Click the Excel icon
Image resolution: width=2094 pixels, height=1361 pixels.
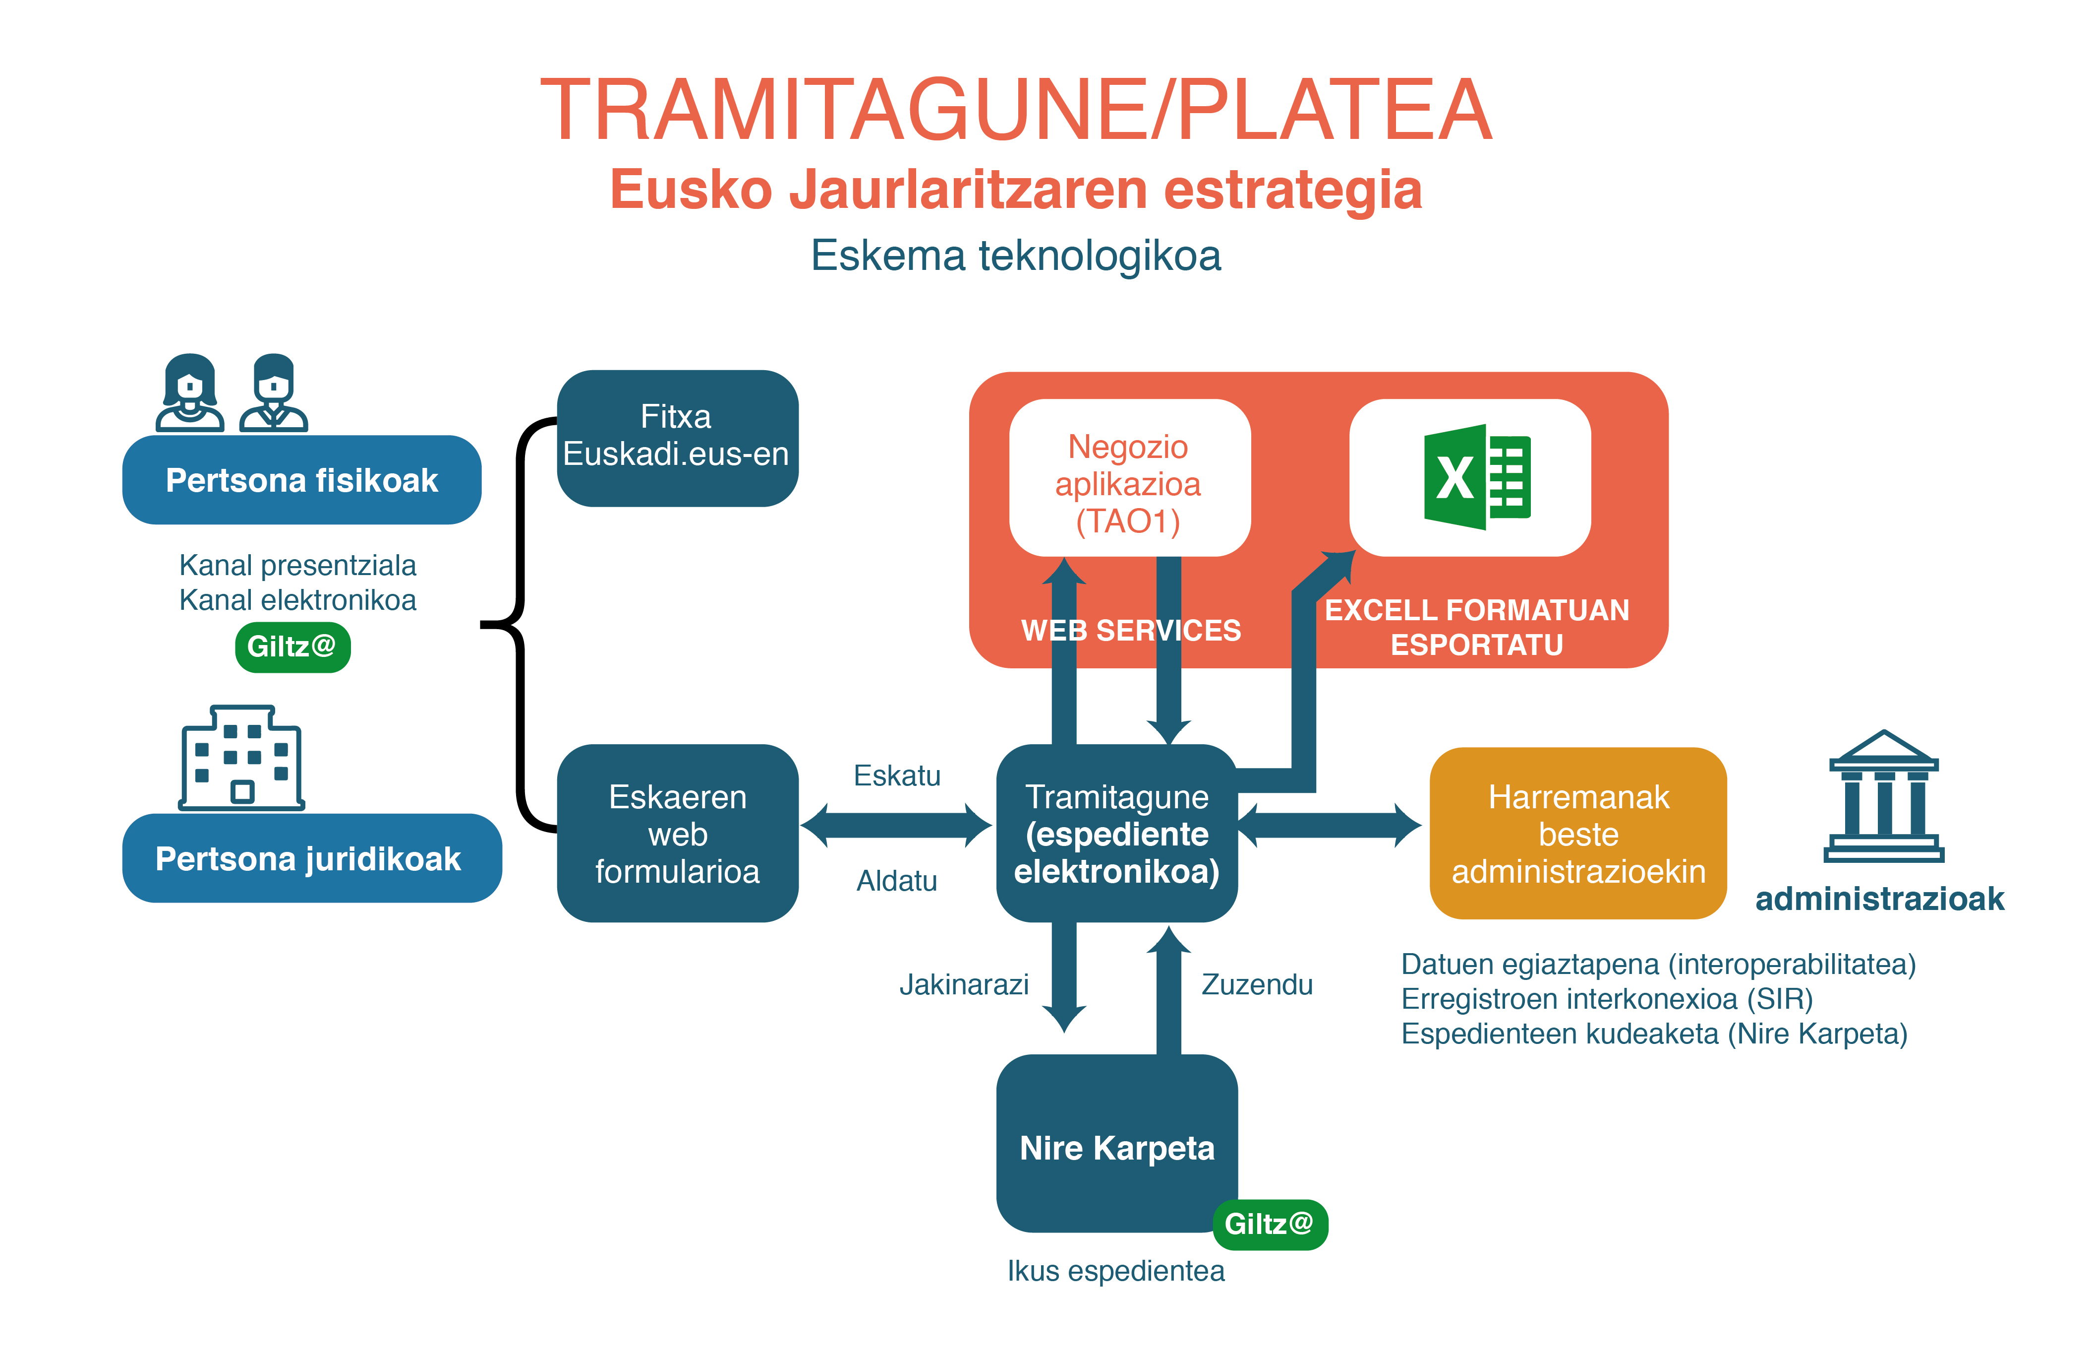(1476, 477)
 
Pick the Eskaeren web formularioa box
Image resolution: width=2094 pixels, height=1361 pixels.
(677, 833)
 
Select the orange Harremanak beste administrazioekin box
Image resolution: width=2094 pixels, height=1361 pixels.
(1577, 833)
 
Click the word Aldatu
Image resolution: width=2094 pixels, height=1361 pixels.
(897, 880)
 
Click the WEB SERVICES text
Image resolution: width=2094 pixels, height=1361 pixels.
(1131, 630)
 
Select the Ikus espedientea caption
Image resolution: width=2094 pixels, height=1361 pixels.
(1115, 1270)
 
